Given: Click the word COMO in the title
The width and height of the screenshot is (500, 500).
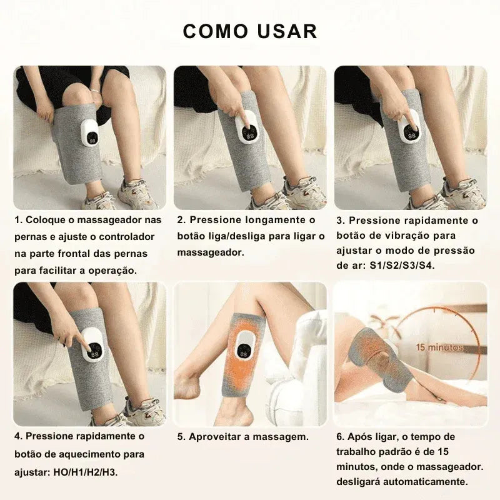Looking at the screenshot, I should coord(216,31).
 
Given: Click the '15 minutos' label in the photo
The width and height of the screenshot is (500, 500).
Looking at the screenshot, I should coord(440,347).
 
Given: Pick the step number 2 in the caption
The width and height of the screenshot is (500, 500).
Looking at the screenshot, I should coord(181,221).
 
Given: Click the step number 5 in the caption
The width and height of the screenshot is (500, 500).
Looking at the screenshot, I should coord(181,437).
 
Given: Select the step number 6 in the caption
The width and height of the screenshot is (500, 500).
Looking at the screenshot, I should coord(340,437).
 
